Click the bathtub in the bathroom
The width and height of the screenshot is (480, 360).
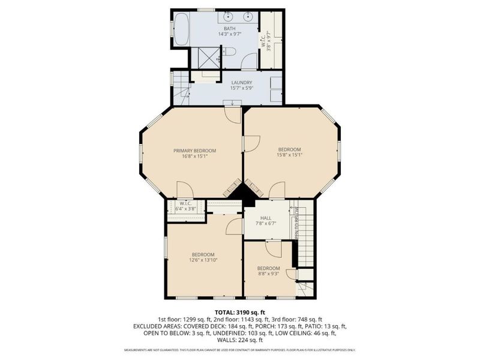pyautogui.click(x=181, y=29)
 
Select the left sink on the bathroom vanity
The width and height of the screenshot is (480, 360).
pyautogui.click(x=230, y=16)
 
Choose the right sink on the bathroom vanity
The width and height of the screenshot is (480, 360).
pyautogui.click(x=248, y=16)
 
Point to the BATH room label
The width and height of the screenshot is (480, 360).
pyautogui.click(x=230, y=28)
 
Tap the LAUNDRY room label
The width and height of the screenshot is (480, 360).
pyautogui.click(x=241, y=83)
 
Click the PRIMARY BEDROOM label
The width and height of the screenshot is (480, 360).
pyautogui.click(x=194, y=150)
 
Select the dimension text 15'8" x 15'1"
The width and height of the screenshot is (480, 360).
pyautogui.click(x=289, y=156)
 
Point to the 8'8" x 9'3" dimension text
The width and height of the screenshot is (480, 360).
pyautogui.click(x=268, y=274)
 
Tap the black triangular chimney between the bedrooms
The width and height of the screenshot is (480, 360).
pyautogui.click(x=243, y=193)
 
